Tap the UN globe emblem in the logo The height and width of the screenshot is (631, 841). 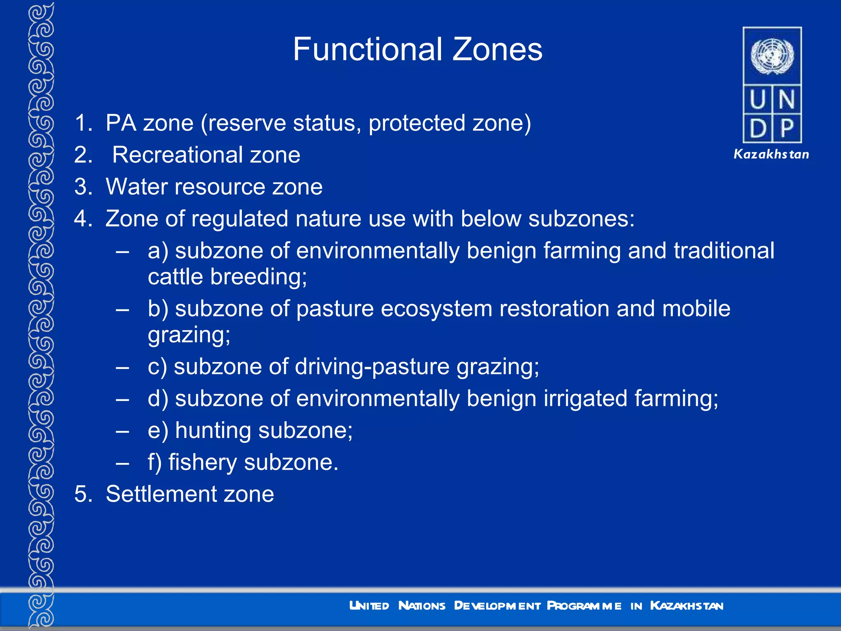772,56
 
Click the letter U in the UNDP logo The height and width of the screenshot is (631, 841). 758,100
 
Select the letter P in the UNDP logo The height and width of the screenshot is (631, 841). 787,129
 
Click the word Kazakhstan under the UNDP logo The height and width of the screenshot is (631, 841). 771,154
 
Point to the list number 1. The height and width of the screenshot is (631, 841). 83,123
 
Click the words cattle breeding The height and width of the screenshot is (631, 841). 227,277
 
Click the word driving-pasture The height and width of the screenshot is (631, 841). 372,366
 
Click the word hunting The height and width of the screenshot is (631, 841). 213,431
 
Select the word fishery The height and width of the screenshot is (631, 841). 202,463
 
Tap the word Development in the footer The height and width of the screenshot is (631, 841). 497,606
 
